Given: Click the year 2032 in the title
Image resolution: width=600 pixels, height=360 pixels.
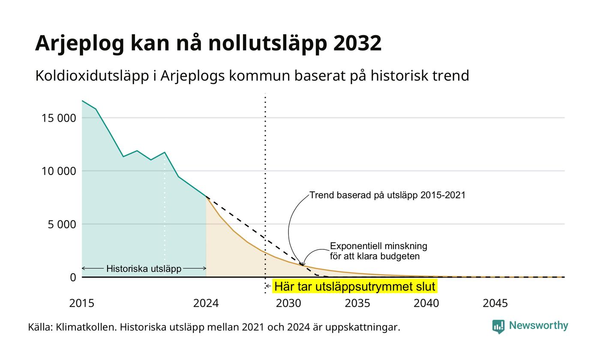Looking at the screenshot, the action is tap(357, 43).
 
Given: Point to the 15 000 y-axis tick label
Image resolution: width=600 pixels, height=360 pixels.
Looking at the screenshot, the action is tap(59, 118).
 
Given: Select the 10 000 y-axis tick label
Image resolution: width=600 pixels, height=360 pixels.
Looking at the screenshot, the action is tap(59, 171).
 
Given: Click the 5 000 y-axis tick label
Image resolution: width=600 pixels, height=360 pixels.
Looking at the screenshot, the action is tap(62, 224).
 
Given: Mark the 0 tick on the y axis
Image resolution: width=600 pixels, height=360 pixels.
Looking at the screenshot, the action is tap(73, 277).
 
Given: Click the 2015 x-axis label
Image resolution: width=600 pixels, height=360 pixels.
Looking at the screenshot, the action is tap(82, 303).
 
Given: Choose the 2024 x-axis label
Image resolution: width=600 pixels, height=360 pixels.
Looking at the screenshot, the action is tap(206, 303).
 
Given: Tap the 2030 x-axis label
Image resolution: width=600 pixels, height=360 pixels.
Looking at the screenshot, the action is tap(289, 303).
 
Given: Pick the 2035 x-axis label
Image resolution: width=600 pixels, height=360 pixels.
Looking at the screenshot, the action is tap(357, 303).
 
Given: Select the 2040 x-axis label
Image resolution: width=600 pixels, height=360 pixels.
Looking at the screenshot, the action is tap(426, 303).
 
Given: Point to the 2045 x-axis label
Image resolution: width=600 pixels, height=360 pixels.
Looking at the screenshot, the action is tap(495, 303).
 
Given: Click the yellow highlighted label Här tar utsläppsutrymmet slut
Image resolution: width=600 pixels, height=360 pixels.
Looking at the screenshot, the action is tap(355, 286).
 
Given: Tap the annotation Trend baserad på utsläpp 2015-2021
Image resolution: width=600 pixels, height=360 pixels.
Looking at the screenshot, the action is tap(387, 195).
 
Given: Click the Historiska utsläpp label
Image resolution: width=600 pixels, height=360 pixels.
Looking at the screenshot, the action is tap(144, 268).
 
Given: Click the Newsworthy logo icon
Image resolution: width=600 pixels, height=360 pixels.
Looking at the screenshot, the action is tap(498, 327).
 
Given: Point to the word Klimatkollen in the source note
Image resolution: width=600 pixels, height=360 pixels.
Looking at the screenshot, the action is tap(86, 327).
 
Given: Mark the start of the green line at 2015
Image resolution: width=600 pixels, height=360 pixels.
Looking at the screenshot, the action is tap(82, 101).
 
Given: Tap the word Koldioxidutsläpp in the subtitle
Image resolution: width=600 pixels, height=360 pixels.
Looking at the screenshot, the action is tap(92, 76).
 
